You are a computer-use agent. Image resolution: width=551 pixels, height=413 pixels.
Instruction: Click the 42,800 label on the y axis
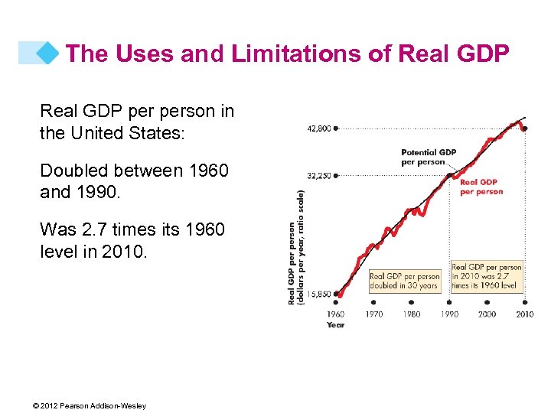(319, 129)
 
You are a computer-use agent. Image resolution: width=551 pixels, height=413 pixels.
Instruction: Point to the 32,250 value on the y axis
(319, 175)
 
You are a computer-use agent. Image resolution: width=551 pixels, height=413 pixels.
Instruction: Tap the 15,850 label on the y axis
(319, 293)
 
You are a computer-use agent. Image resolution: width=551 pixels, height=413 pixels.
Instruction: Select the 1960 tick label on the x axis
(336, 314)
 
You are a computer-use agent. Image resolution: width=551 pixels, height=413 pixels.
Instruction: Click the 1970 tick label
(373, 314)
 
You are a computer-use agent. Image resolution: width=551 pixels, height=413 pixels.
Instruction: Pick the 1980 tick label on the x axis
(412, 314)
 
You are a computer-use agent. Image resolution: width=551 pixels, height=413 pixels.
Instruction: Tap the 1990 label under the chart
(449, 314)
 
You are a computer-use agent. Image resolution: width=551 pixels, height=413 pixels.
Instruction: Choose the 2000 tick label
(487, 314)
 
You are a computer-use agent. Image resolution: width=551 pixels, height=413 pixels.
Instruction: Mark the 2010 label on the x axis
(524, 314)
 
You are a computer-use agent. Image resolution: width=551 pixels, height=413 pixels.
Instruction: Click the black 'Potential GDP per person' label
(429, 157)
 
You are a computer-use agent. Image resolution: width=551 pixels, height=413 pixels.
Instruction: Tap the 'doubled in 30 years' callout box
(405, 281)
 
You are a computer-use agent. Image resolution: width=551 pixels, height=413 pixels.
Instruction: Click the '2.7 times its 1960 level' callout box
(486, 276)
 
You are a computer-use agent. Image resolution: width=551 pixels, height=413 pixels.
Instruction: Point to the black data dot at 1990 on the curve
(449, 175)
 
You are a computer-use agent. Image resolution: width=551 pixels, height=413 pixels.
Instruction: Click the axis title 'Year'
(335, 325)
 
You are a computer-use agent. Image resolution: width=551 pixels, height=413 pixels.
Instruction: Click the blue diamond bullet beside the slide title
(48, 53)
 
